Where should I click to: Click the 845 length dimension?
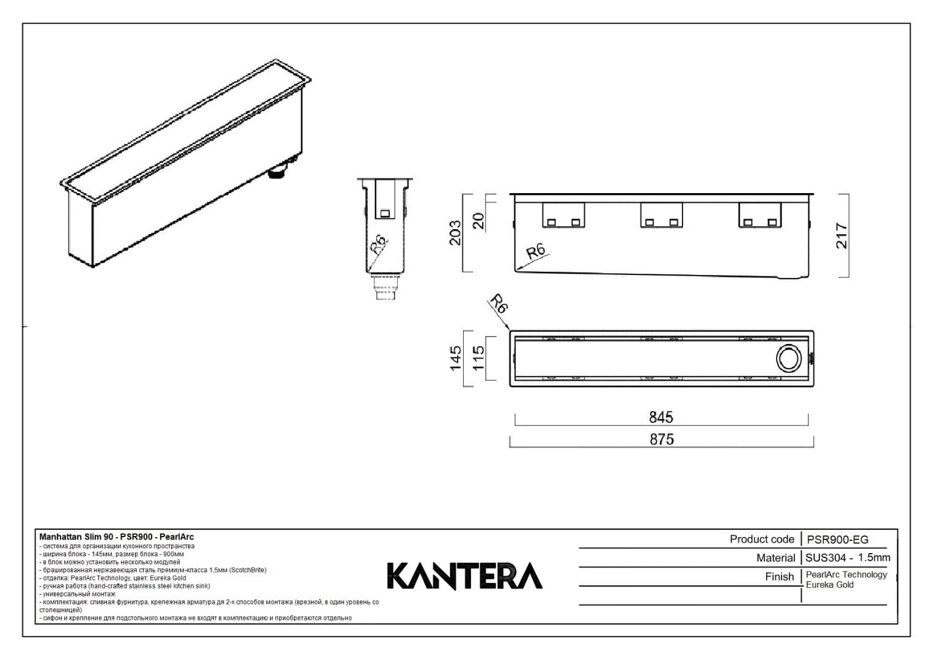click(x=660, y=417)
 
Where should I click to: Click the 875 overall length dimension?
click(x=661, y=439)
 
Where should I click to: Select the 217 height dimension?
click(x=841, y=235)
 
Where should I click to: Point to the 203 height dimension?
click(x=455, y=233)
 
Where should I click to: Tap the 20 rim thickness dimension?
click(x=478, y=221)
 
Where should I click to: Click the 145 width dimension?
click(x=455, y=358)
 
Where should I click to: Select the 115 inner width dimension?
click(x=478, y=358)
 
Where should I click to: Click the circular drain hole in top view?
click(x=788, y=358)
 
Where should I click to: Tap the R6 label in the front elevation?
click(x=536, y=251)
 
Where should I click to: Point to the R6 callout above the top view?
click(x=499, y=304)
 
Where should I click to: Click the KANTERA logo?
click(x=464, y=576)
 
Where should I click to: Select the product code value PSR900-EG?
click(x=837, y=539)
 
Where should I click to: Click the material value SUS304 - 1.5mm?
click(x=847, y=557)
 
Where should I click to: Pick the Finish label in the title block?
click(x=779, y=576)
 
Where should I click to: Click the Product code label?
click(x=761, y=539)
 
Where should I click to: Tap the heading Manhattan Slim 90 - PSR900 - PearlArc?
click(x=116, y=537)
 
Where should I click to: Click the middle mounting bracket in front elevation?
click(x=661, y=215)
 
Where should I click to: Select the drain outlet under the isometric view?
click(x=279, y=172)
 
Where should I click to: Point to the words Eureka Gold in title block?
click(x=829, y=585)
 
